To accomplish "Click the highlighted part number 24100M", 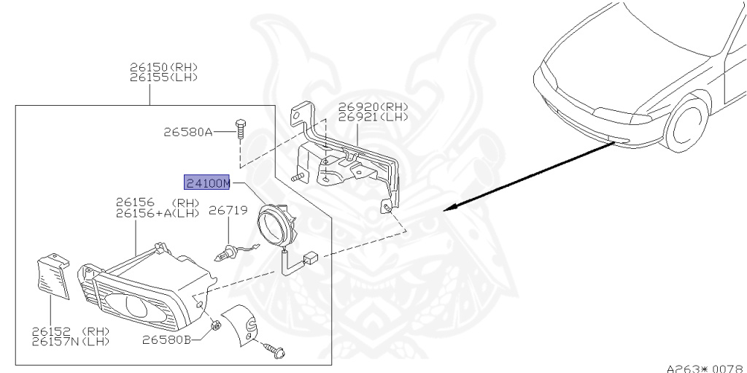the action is pyautogui.click(x=207, y=182).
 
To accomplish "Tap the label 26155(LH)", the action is pyautogui.click(x=164, y=77).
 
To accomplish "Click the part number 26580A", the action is pyautogui.click(x=187, y=132).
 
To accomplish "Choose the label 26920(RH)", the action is pyautogui.click(x=373, y=107).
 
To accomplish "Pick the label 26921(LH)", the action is pyautogui.click(x=373, y=116).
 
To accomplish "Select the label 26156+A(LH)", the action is pyautogui.click(x=158, y=212).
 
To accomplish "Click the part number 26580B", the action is pyautogui.click(x=166, y=339).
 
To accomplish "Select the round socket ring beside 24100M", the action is pyautogui.click(x=276, y=223).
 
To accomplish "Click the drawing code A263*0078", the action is pyautogui.click(x=705, y=367).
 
